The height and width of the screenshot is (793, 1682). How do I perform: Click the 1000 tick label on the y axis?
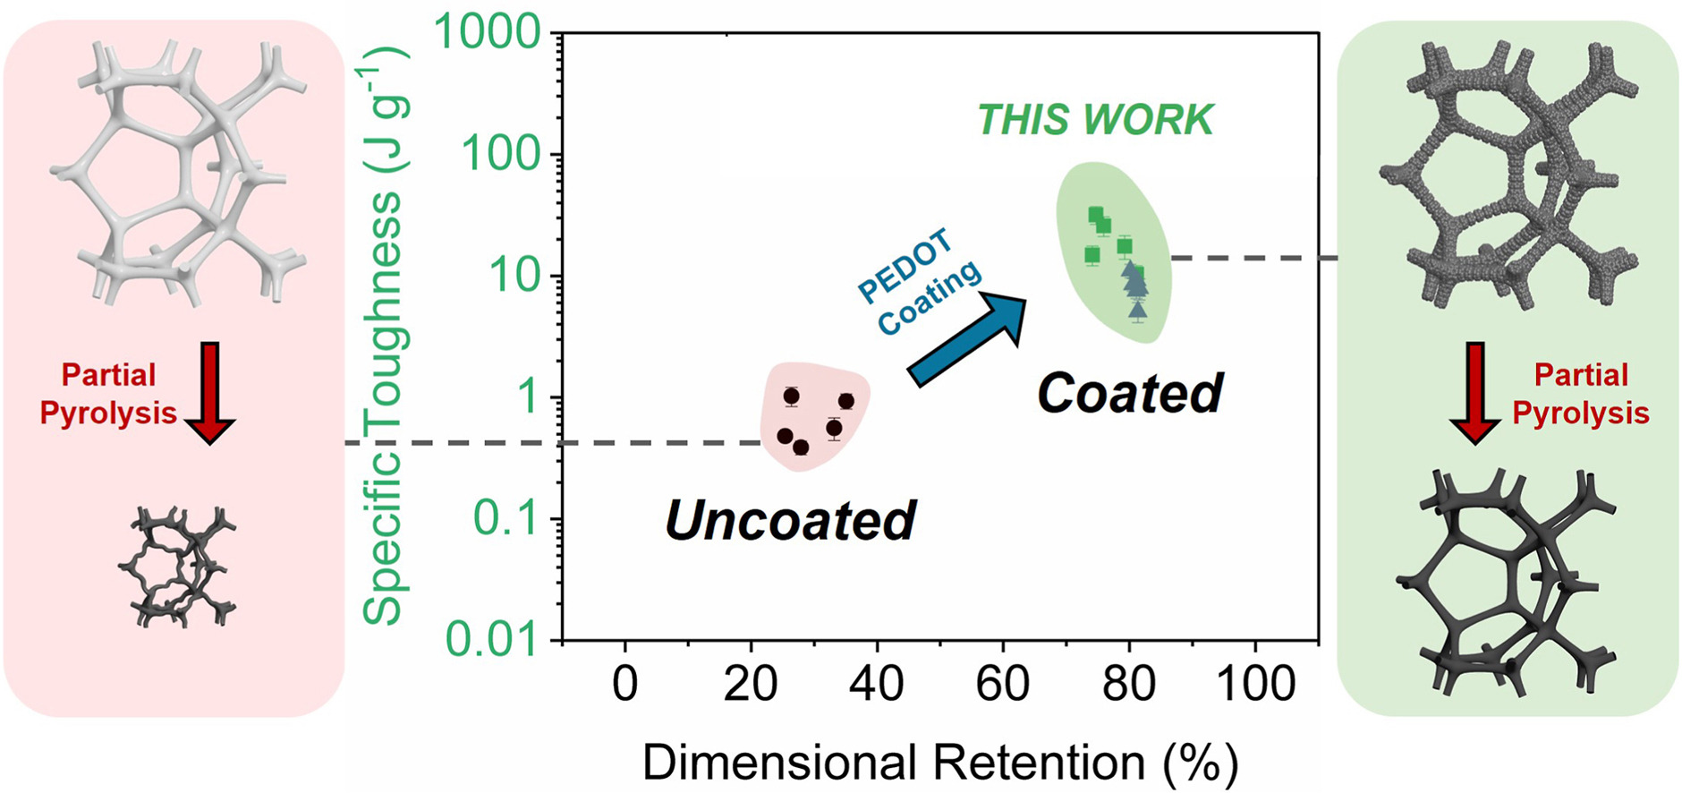click(x=487, y=34)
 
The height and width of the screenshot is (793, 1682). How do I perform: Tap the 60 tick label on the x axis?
click(x=1002, y=685)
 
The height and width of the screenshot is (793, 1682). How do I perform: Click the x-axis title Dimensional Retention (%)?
click(x=939, y=763)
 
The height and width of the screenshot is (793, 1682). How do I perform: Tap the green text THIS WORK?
click(x=1095, y=120)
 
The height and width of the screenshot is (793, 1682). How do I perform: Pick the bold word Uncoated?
click(x=790, y=521)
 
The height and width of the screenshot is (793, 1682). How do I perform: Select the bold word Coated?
click(x=1129, y=393)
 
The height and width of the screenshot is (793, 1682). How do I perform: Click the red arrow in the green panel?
click(x=1474, y=392)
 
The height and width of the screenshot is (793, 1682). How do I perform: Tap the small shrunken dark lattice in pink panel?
click(x=176, y=566)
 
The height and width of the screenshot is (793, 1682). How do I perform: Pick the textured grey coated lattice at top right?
click(x=1508, y=170)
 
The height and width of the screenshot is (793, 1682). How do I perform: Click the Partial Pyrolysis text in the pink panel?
click(x=108, y=394)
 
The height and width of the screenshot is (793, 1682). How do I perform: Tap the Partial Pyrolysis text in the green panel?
click(x=1580, y=394)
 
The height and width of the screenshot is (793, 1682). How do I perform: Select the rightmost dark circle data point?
click(x=845, y=401)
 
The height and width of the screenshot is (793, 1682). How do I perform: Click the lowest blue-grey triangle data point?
click(x=1137, y=311)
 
